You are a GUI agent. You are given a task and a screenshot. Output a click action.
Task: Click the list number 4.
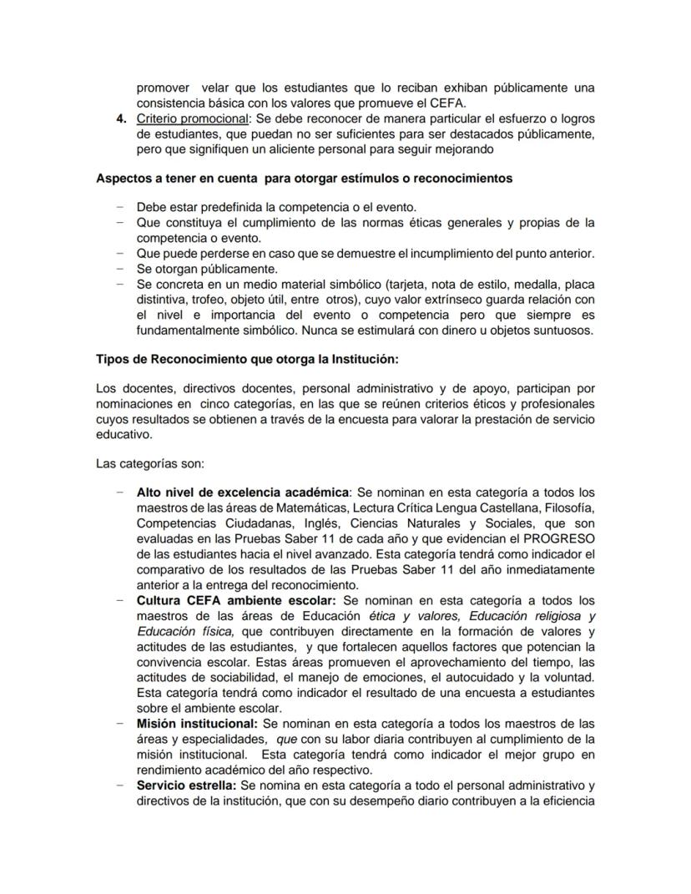point(121,119)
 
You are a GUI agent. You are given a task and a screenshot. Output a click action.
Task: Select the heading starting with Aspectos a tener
point(304,179)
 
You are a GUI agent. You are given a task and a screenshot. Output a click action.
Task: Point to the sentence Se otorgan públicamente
point(206,269)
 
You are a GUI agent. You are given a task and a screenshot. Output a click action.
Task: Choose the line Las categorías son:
point(144,463)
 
